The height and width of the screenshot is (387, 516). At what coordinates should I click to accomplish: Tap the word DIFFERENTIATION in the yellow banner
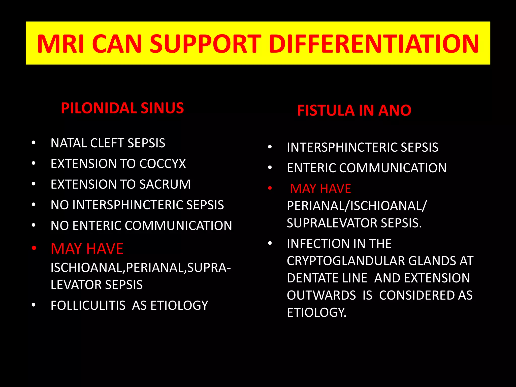pyautogui.click(x=374, y=44)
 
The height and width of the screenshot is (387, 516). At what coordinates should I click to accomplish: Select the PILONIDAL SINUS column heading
pyautogui.click(x=122, y=108)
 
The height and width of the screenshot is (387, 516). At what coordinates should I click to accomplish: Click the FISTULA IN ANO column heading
pyautogui.click(x=354, y=110)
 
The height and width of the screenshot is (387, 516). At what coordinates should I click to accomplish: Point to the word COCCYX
pyautogui.click(x=163, y=164)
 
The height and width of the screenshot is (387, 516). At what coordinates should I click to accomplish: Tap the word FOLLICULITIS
pyautogui.click(x=88, y=306)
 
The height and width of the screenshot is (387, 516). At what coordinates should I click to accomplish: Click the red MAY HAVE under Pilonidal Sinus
pyautogui.click(x=87, y=249)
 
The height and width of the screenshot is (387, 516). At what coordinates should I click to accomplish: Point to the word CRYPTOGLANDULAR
pyautogui.click(x=346, y=261)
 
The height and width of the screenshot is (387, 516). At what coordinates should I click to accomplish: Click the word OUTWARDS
pyautogui.click(x=321, y=295)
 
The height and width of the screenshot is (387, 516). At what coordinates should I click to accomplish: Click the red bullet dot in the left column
pyautogui.click(x=34, y=248)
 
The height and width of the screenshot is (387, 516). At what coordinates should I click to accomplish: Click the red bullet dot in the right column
pyautogui.click(x=270, y=188)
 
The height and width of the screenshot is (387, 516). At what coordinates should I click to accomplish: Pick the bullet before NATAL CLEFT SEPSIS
pyautogui.click(x=34, y=143)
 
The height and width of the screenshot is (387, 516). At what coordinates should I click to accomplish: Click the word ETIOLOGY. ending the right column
pyautogui.click(x=316, y=312)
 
